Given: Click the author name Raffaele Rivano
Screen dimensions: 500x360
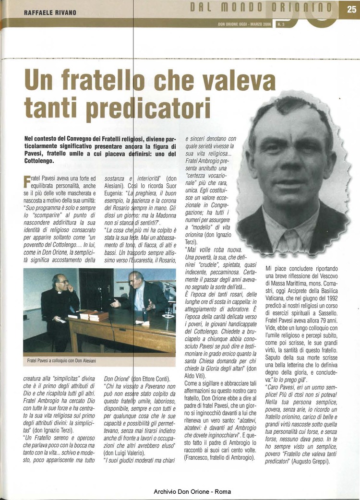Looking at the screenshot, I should click(50, 12).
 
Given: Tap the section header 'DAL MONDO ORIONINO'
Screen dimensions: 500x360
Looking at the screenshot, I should click(261, 7).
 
